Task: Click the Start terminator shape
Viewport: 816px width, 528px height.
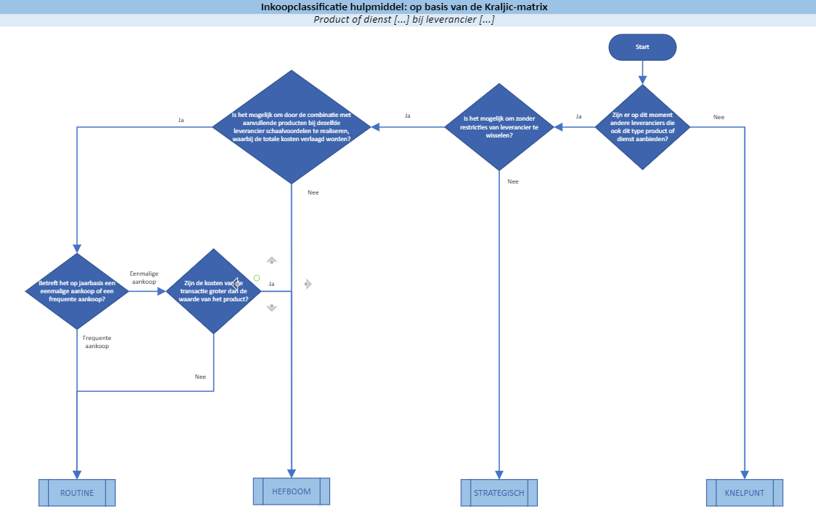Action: click(x=642, y=47)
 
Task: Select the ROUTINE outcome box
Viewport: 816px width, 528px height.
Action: click(x=77, y=493)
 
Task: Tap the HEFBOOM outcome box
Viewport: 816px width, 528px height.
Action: click(x=291, y=491)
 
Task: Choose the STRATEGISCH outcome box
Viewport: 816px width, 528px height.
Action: click(x=499, y=493)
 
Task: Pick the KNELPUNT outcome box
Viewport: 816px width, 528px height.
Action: click(x=744, y=493)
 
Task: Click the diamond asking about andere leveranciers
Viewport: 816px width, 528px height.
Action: click(x=643, y=127)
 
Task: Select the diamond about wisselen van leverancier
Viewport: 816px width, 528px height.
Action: click(x=500, y=127)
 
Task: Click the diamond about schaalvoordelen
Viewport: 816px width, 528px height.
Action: click(x=291, y=127)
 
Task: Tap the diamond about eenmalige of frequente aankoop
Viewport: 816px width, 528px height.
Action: click(x=77, y=291)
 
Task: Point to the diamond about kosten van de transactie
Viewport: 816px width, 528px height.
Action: click(x=214, y=291)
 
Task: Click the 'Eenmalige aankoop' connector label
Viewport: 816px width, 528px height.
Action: click(x=144, y=277)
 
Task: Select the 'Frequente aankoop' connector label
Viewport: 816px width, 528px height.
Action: click(x=97, y=342)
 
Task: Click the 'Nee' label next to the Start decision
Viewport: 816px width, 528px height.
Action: click(x=719, y=117)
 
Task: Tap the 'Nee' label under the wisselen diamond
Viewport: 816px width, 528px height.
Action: click(x=513, y=181)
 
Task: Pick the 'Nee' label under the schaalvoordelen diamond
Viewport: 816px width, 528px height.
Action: click(x=313, y=192)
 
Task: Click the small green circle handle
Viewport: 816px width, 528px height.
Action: click(x=257, y=278)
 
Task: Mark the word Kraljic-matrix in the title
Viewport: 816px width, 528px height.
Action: click(x=515, y=7)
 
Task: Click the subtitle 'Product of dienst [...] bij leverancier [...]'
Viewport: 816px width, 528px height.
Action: click(x=404, y=20)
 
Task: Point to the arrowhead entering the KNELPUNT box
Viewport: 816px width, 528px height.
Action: click(x=744, y=475)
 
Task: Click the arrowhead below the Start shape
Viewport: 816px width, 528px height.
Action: click(x=643, y=80)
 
